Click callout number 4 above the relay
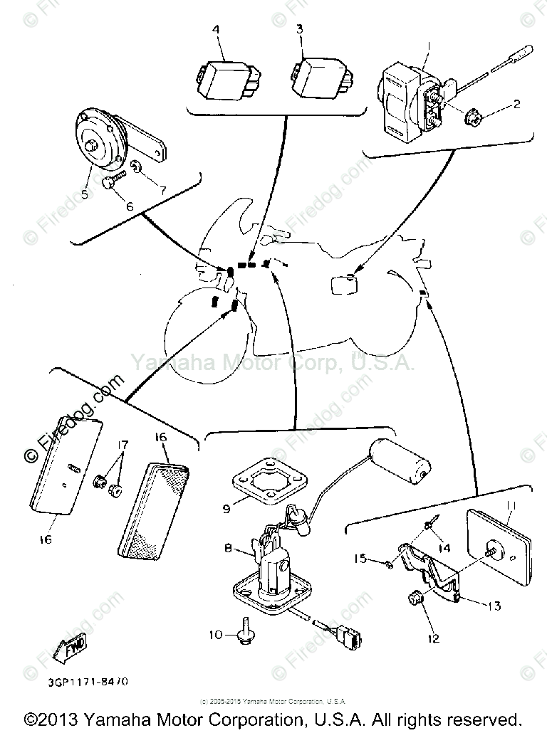coord(217,30)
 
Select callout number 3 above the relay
coord(299,30)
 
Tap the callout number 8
coord(228,548)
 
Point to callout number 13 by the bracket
coord(494,606)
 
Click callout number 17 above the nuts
coord(123,445)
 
